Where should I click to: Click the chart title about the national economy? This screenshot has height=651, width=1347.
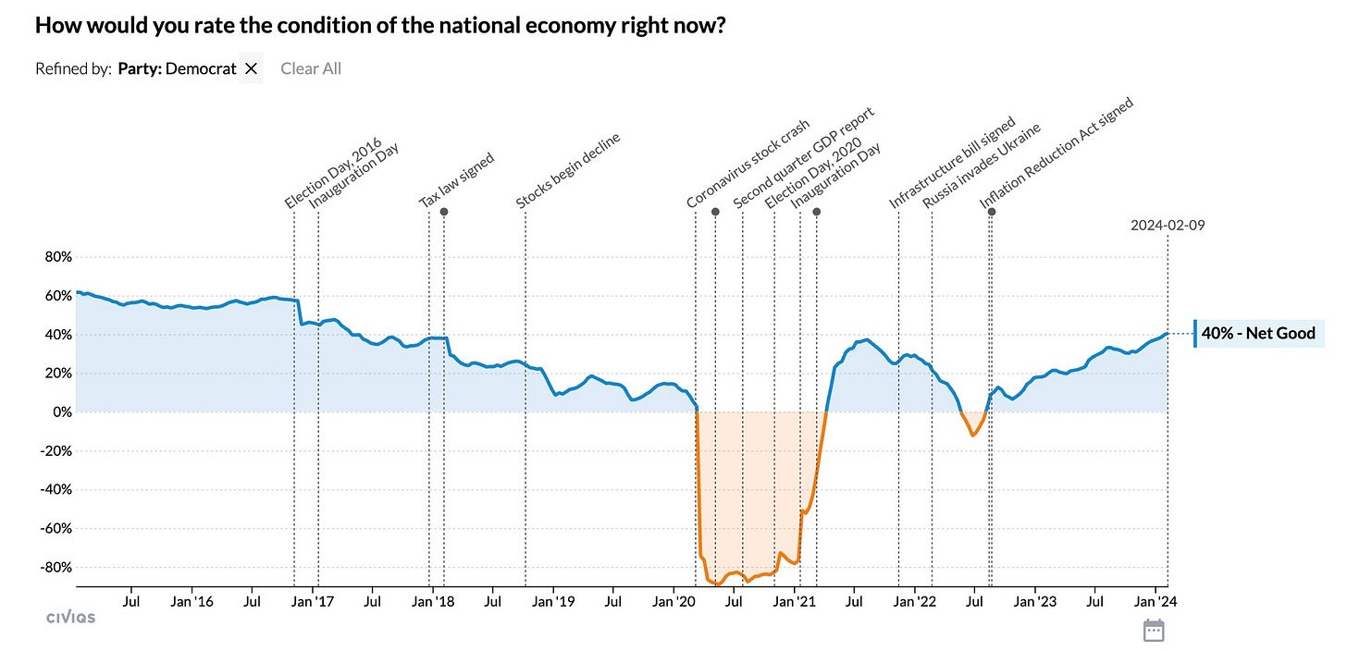click(379, 26)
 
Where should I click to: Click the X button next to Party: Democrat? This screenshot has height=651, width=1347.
click(251, 68)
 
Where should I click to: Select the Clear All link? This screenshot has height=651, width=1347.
click(311, 68)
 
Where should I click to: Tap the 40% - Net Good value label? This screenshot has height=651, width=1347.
click(1258, 334)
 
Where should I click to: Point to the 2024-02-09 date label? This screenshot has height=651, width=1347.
click(1168, 225)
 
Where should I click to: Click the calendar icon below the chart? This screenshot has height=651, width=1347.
click(1153, 630)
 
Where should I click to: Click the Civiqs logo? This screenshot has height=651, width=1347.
click(70, 617)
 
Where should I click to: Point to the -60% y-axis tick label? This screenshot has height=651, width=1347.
click(54, 528)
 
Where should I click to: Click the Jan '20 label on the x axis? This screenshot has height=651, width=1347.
click(674, 601)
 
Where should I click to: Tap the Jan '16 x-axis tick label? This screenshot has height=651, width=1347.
click(192, 601)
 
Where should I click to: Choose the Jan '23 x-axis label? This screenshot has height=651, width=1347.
click(1034, 601)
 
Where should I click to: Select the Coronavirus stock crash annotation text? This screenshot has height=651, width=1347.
click(748, 164)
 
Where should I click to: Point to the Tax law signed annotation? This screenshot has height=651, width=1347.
click(457, 180)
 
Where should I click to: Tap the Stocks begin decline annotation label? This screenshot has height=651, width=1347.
click(568, 171)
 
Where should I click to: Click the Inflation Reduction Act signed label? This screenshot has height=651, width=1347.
click(1057, 154)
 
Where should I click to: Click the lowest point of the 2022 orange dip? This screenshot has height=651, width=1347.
click(972, 435)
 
